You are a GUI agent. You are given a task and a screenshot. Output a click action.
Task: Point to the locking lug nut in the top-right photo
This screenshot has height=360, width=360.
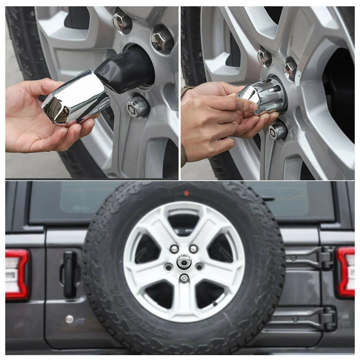click(x=278, y=130)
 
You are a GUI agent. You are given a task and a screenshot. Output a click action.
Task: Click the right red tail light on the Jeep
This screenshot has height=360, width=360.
click(x=346, y=272)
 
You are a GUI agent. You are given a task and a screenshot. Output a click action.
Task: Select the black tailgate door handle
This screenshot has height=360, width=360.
click(x=69, y=274)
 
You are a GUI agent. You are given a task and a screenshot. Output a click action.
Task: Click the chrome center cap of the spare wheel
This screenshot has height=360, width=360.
click(x=184, y=261)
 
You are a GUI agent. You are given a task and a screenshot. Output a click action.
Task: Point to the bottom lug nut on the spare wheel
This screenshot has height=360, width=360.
click(x=184, y=278)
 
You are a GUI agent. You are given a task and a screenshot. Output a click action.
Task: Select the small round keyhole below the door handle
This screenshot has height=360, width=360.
click(x=69, y=319)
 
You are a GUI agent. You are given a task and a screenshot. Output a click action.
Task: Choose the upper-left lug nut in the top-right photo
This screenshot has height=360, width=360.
click(x=265, y=57)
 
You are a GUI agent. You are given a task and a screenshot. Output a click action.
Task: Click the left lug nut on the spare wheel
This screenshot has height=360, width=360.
click(x=169, y=267)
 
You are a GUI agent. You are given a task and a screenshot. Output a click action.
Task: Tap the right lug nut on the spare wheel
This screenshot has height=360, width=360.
click(x=199, y=267)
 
